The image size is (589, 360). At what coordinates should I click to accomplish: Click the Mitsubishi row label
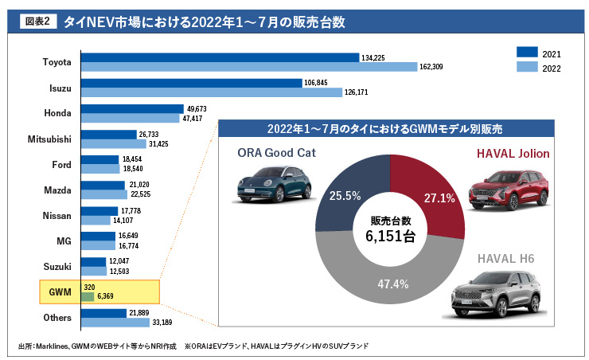[49, 139]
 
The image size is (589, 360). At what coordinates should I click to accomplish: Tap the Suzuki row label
[57, 266]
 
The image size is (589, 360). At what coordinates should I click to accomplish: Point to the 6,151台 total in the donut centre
[390, 237]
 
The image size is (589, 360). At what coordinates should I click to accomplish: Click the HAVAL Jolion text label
[513, 153]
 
